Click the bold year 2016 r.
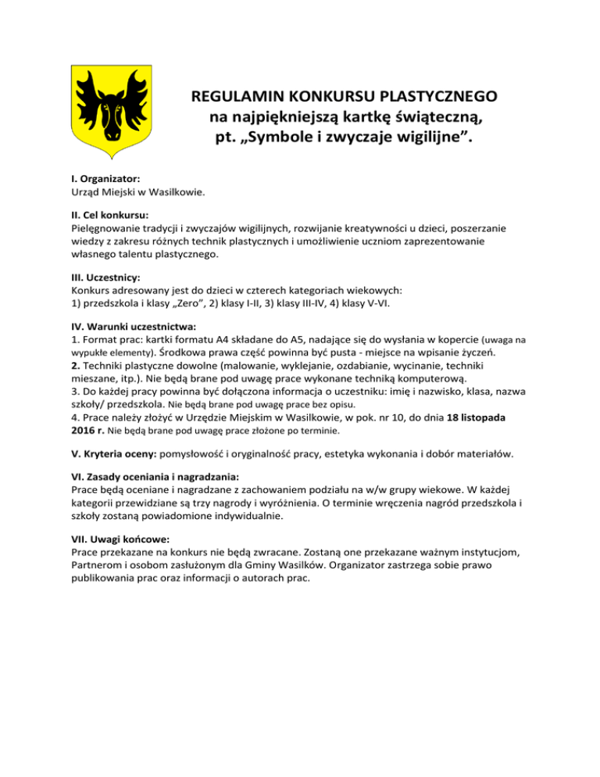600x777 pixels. point(84,430)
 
